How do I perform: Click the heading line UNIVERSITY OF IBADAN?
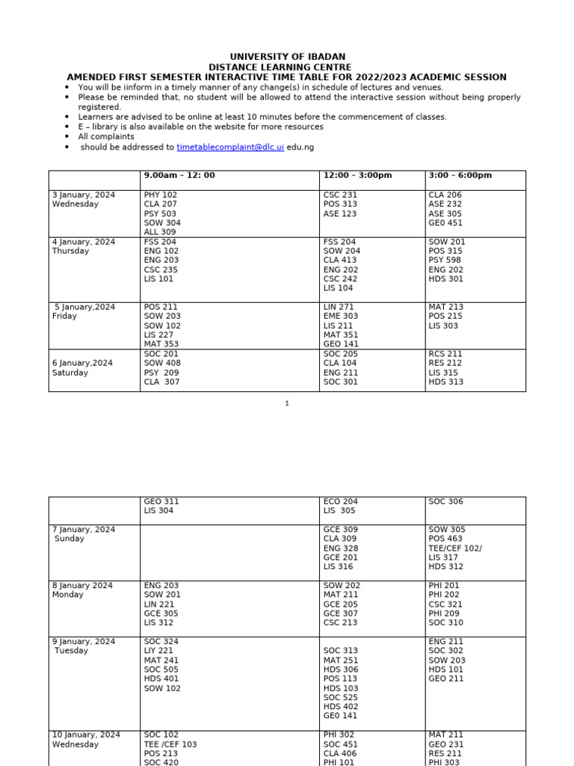287,57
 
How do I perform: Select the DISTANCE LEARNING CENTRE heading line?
287,67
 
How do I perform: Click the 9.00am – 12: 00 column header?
179,176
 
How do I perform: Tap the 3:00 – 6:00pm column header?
460,176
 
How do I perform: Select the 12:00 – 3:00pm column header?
357,176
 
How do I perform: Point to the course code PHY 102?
160,195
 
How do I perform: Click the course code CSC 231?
340,195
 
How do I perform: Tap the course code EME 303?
341,316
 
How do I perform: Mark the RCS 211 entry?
445,354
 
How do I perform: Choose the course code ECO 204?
341,502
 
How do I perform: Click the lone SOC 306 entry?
446,502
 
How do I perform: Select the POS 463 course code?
446,539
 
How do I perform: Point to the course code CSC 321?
445,604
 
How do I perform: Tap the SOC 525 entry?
341,697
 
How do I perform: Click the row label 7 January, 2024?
84,530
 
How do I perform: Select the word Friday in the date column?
64,316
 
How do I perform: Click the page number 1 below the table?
287,404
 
